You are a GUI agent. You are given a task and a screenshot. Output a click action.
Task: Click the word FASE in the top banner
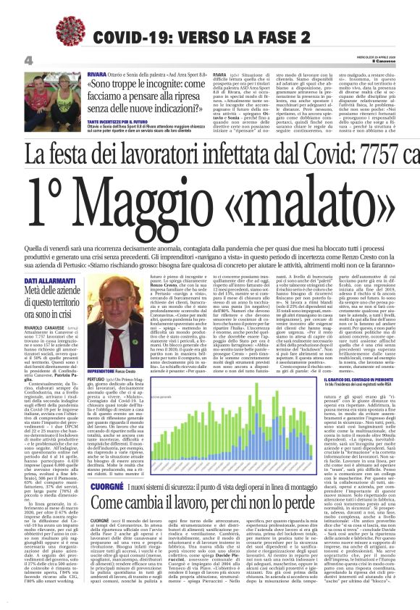click(x=295, y=36)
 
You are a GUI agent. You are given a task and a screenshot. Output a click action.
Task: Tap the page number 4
click(x=28, y=60)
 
